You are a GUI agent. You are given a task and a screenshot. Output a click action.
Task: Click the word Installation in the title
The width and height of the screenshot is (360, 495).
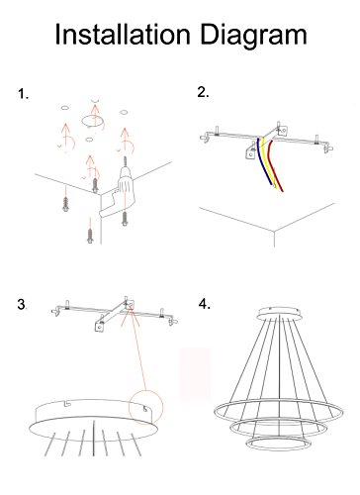pos(123,35)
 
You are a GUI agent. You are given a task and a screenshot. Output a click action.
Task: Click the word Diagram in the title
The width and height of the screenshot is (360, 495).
pos(254,37)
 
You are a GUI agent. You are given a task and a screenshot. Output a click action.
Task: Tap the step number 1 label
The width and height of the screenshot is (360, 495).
pos(23,94)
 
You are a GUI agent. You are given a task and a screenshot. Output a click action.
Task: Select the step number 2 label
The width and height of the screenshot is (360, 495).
pos(203,92)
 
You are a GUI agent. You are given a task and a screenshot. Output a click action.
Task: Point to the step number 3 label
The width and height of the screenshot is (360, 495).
pos(22,304)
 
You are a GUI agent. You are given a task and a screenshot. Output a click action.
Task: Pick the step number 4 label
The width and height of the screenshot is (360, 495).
pos(205,304)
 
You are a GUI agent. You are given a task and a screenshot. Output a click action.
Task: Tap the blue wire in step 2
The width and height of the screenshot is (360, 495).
pos(264,161)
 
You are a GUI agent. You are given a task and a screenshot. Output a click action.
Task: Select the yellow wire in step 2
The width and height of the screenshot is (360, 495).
pos(268,161)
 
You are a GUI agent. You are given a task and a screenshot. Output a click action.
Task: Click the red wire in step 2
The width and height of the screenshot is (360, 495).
pos(273,165)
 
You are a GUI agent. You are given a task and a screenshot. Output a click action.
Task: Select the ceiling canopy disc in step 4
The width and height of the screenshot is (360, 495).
pos(279,314)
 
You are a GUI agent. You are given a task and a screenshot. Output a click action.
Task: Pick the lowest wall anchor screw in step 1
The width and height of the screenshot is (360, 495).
pos(90,236)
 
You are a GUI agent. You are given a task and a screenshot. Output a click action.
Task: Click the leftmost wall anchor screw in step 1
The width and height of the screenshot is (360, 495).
pos(65,205)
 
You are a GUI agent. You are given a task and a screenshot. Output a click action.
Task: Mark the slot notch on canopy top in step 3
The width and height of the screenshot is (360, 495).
pos(68,402)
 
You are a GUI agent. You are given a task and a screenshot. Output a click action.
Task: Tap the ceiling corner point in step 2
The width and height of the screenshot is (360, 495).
pos(274,232)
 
